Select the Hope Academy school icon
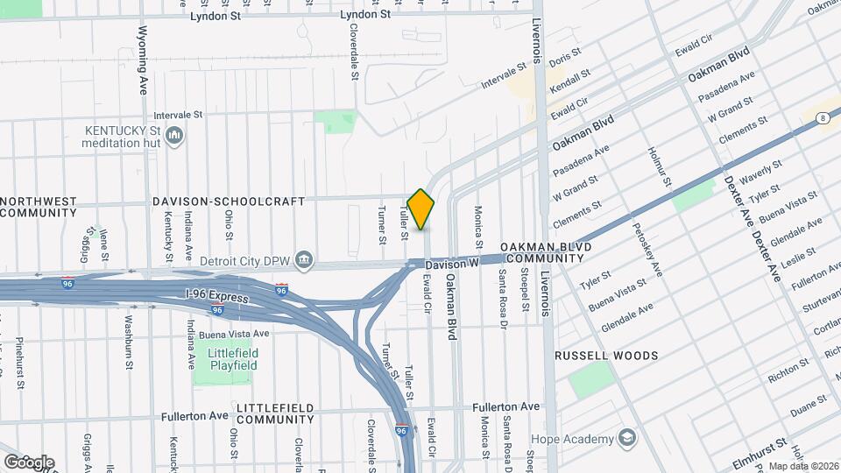click(x=627, y=437)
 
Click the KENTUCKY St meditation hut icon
click(x=174, y=137)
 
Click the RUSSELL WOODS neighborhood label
click(x=605, y=357)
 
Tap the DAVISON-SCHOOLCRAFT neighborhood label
click(x=228, y=201)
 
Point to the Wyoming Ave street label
click(x=144, y=60)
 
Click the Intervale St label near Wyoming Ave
click(x=178, y=115)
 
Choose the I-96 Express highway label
click(x=217, y=297)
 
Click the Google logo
click(x=28, y=462)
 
